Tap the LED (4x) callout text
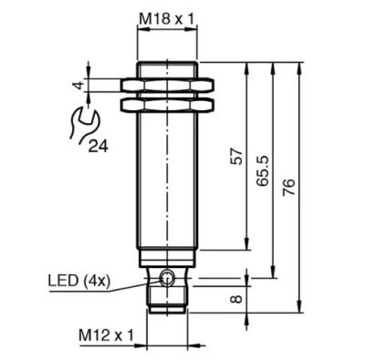coord(79,281)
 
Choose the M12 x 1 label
coord(104,336)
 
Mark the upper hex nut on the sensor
coord(166,85)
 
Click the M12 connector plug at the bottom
coord(166,305)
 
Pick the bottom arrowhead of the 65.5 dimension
coord(273,276)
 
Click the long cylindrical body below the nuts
coord(166,182)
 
